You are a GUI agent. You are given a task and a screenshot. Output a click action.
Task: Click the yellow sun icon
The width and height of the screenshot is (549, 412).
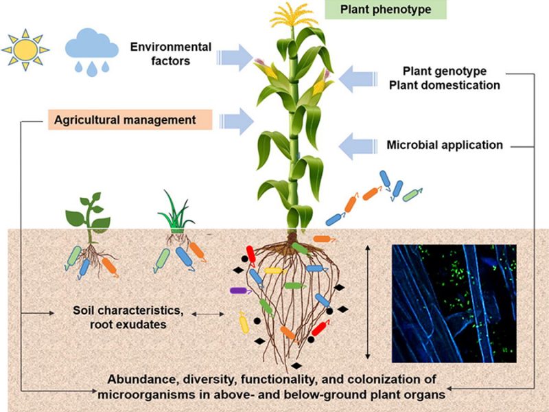[25, 49]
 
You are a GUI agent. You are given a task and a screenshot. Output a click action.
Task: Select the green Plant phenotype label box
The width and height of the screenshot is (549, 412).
[386, 10]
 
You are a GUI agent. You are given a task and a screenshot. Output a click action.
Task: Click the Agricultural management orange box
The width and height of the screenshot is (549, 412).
[130, 119]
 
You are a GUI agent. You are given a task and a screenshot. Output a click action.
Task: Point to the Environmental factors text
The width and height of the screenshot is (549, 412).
[171, 54]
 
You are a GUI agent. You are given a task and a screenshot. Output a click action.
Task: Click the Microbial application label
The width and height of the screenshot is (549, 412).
[445, 145]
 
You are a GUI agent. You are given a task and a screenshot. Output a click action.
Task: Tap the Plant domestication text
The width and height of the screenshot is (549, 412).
[445, 85]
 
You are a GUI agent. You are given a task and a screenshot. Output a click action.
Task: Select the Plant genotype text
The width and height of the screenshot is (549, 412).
[445, 71]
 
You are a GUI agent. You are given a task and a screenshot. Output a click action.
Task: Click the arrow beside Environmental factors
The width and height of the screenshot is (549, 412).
[235, 58]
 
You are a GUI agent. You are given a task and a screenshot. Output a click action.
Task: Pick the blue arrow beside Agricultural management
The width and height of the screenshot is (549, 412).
[236, 122]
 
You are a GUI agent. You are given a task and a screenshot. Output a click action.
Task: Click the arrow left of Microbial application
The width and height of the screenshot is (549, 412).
[358, 146]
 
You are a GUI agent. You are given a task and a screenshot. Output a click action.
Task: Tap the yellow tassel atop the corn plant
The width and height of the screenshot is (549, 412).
[292, 16]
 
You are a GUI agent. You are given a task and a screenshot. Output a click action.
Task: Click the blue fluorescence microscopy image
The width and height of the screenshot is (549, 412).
[454, 304]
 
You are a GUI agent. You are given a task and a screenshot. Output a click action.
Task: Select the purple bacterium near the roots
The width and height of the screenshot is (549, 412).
[240, 290]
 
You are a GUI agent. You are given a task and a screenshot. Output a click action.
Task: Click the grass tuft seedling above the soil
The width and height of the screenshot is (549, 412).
[176, 212]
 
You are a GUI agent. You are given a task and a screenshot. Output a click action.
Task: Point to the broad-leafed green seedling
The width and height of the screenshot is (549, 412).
[89, 214]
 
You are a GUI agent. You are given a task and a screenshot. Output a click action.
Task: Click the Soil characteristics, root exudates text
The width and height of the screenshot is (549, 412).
[128, 317]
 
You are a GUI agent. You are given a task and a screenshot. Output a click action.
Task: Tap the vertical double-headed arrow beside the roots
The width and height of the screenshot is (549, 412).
[368, 301]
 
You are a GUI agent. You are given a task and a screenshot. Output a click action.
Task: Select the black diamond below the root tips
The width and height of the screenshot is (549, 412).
[296, 366]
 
